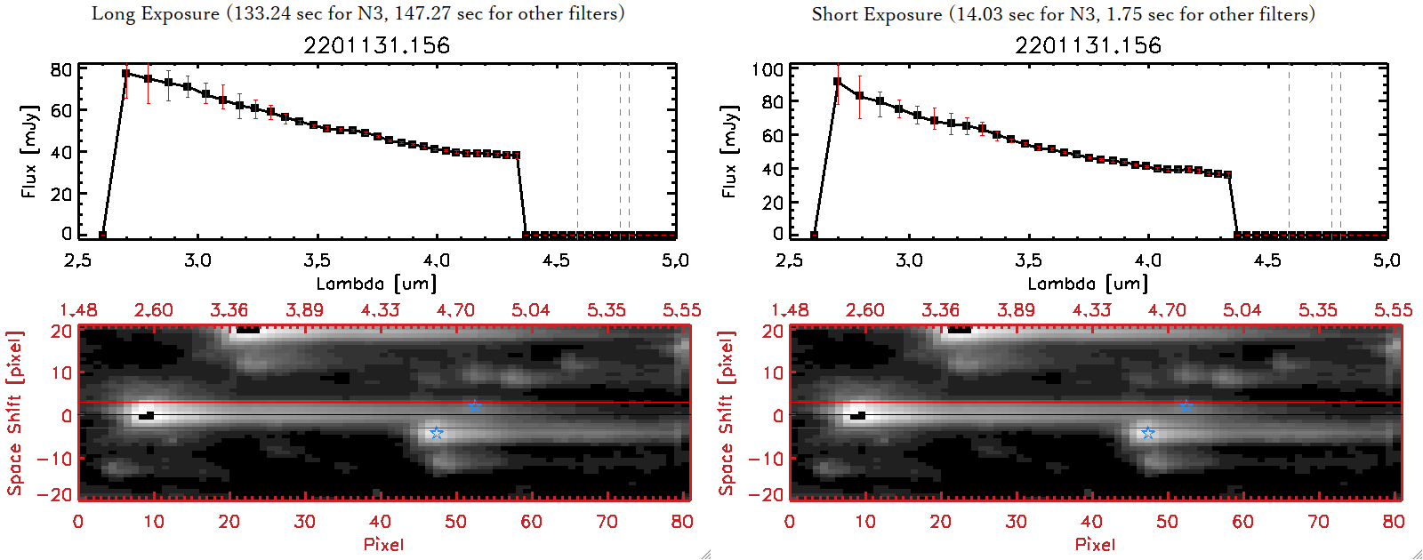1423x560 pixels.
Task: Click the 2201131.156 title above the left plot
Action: click(377, 45)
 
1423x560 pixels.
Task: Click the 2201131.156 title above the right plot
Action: click(1089, 45)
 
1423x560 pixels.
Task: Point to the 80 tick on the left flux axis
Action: click(60, 69)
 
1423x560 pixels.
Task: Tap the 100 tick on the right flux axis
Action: click(767, 69)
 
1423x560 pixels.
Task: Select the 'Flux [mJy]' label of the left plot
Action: click(29, 151)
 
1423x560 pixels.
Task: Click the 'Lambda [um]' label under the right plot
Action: click(1088, 284)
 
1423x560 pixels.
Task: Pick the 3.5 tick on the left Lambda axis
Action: click(317, 260)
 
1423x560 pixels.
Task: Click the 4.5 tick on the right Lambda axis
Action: click(1267, 260)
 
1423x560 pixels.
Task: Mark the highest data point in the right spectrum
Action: click(838, 82)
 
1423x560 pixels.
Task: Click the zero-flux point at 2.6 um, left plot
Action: click(102, 236)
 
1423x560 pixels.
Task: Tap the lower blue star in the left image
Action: click(437, 433)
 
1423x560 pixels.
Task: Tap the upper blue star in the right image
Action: click(1186, 406)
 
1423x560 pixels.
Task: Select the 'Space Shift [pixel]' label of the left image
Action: click(14, 413)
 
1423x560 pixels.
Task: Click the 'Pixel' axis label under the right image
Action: click(1095, 544)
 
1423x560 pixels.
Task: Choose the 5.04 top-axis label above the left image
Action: click(530, 310)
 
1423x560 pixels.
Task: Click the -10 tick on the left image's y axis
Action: click(55, 459)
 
